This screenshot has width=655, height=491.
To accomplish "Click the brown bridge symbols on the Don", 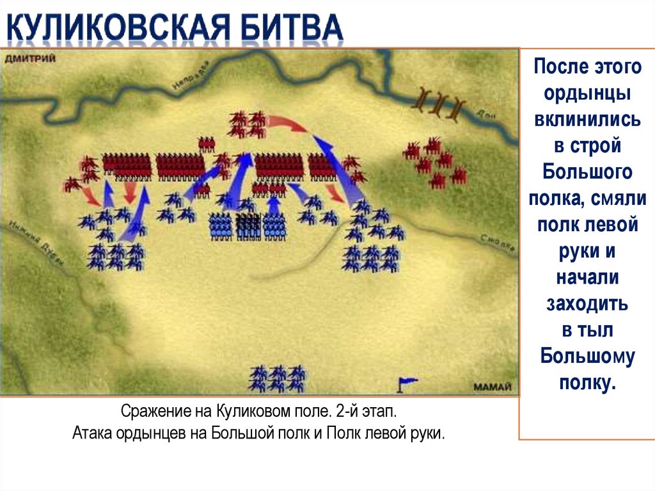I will pyautogui.click(x=440, y=104).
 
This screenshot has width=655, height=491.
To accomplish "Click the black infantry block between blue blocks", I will pyautogui.click(x=248, y=225).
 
